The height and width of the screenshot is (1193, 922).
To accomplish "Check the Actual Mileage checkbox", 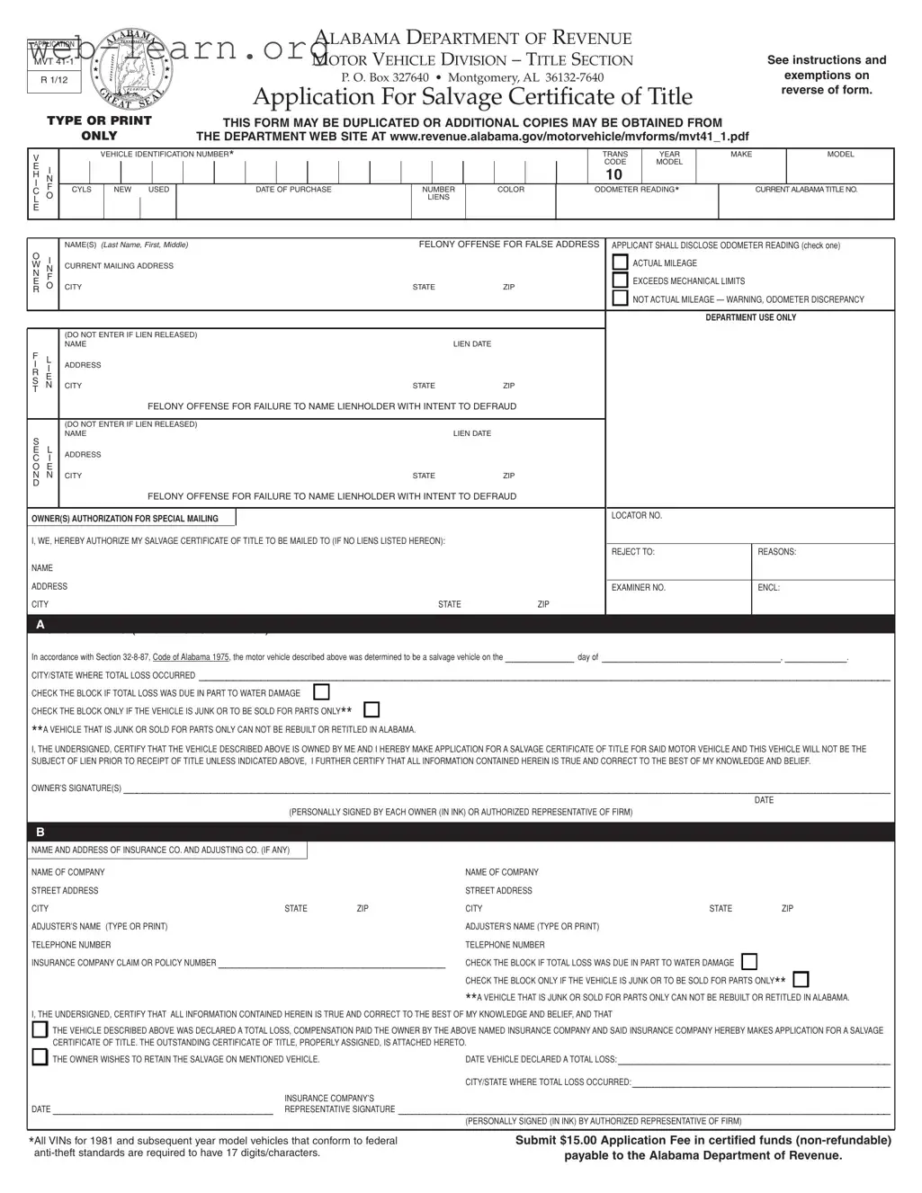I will [620, 263].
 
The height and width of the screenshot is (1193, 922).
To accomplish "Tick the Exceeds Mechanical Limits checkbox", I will [620, 280].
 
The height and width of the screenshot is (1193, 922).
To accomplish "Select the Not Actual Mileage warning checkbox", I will [620, 298].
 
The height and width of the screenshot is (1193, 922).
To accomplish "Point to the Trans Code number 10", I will [613, 174].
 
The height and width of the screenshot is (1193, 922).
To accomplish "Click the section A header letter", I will [40, 625].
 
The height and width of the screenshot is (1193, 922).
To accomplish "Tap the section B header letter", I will [40, 832].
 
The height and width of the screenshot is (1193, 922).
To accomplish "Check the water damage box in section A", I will [321, 692].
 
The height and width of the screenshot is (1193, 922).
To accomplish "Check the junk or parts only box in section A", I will [371, 710].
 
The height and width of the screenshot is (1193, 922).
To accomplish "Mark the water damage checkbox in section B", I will [749, 962].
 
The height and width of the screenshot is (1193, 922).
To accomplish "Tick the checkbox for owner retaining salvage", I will [40, 1057].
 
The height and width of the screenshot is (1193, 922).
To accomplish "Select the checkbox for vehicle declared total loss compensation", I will [40, 1029].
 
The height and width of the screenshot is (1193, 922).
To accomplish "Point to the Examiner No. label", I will [638, 588].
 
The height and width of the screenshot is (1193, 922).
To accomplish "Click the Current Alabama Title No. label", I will [806, 190].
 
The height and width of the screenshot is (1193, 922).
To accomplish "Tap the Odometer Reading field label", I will [636, 190].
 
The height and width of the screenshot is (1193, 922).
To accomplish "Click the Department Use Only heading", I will [750, 317].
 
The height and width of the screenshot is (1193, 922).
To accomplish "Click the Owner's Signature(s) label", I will [76, 788].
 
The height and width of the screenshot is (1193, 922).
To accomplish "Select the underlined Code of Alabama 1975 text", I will [191, 657].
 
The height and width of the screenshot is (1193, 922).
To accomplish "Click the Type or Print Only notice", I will [99, 128].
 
